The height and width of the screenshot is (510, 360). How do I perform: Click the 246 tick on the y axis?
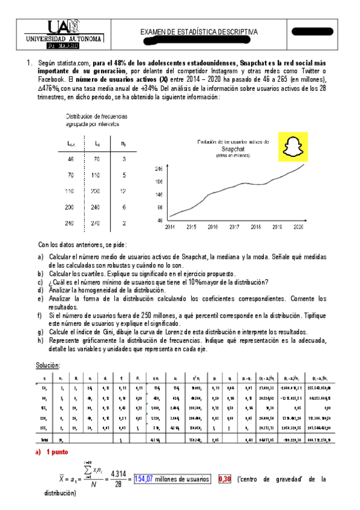(160, 169)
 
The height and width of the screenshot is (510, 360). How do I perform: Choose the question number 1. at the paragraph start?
(27, 63)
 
